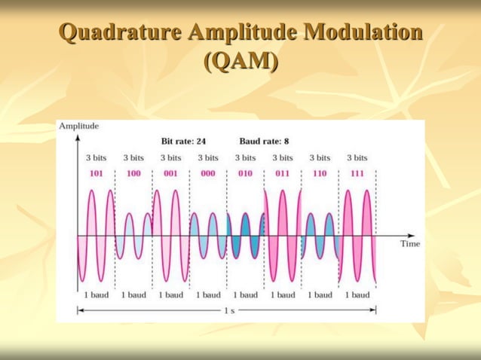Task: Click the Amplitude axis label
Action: coord(78,126)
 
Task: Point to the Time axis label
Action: coord(410,243)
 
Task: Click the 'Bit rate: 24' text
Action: coord(184,141)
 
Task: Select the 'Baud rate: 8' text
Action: coord(264,141)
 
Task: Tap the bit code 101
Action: coord(96,173)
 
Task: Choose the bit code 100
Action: coord(133,173)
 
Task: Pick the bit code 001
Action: coord(170,173)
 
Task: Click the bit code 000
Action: coord(208,173)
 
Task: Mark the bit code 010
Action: coord(245,173)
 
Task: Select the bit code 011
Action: coord(283,173)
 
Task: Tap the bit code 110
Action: coord(320,173)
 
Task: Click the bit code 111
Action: coord(357,173)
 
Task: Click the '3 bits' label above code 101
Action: coord(96,158)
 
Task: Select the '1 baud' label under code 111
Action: coord(357,294)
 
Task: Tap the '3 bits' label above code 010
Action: coord(245,158)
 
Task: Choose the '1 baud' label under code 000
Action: coord(208,294)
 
